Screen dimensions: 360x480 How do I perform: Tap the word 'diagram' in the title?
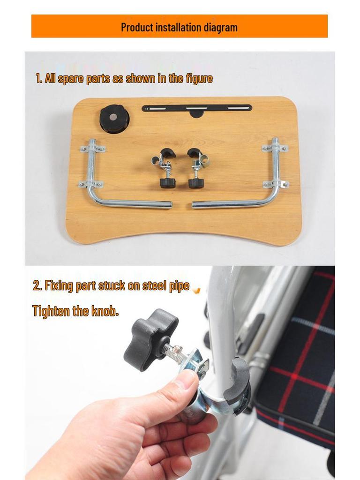(x=221, y=28)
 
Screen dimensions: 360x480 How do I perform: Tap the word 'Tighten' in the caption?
(x=51, y=311)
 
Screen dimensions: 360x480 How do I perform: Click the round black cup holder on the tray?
(x=114, y=120)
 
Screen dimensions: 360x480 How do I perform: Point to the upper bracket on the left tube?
(x=93, y=149)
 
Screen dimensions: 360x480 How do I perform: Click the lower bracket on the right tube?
(x=276, y=184)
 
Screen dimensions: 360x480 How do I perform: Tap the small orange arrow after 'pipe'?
(x=197, y=290)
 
